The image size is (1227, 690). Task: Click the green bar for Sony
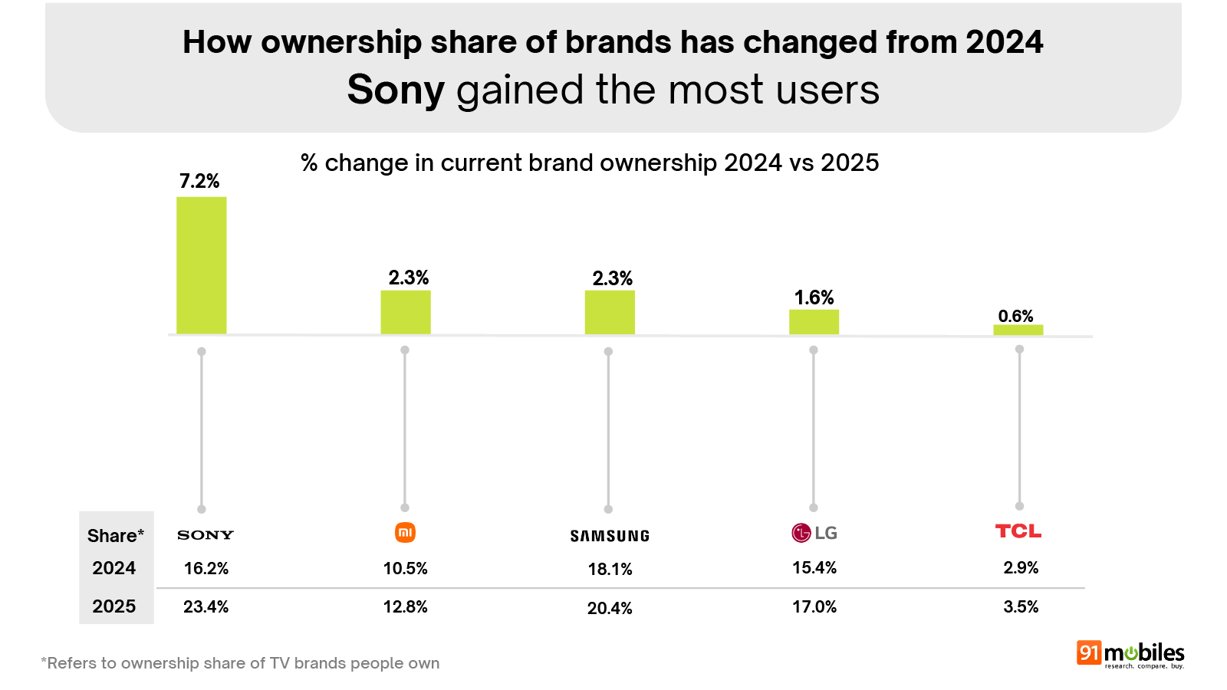click(201, 265)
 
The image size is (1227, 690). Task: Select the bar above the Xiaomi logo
click(405, 312)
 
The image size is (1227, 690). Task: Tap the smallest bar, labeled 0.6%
click(1018, 330)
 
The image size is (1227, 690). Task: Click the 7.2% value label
click(199, 182)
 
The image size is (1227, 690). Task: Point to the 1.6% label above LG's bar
click(814, 297)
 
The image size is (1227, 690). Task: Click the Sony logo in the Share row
click(205, 535)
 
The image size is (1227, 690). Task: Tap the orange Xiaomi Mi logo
click(405, 532)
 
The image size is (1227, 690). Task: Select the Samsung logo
click(610, 536)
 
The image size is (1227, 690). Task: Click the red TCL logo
click(1018, 531)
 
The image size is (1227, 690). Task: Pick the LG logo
click(814, 533)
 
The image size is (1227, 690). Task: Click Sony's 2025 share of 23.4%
click(206, 606)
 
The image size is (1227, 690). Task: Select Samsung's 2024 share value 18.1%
click(610, 569)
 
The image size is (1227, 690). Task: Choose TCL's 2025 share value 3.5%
click(1021, 606)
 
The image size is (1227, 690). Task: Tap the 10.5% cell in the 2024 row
click(405, 568)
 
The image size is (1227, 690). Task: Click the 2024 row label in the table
click(113, 568)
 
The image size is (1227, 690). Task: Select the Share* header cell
click(115, 536)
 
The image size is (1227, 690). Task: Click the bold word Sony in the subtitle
click(396, 90)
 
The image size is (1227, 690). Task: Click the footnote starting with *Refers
click(240, 663)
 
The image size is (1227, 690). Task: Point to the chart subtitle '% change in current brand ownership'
click(589, 163)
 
